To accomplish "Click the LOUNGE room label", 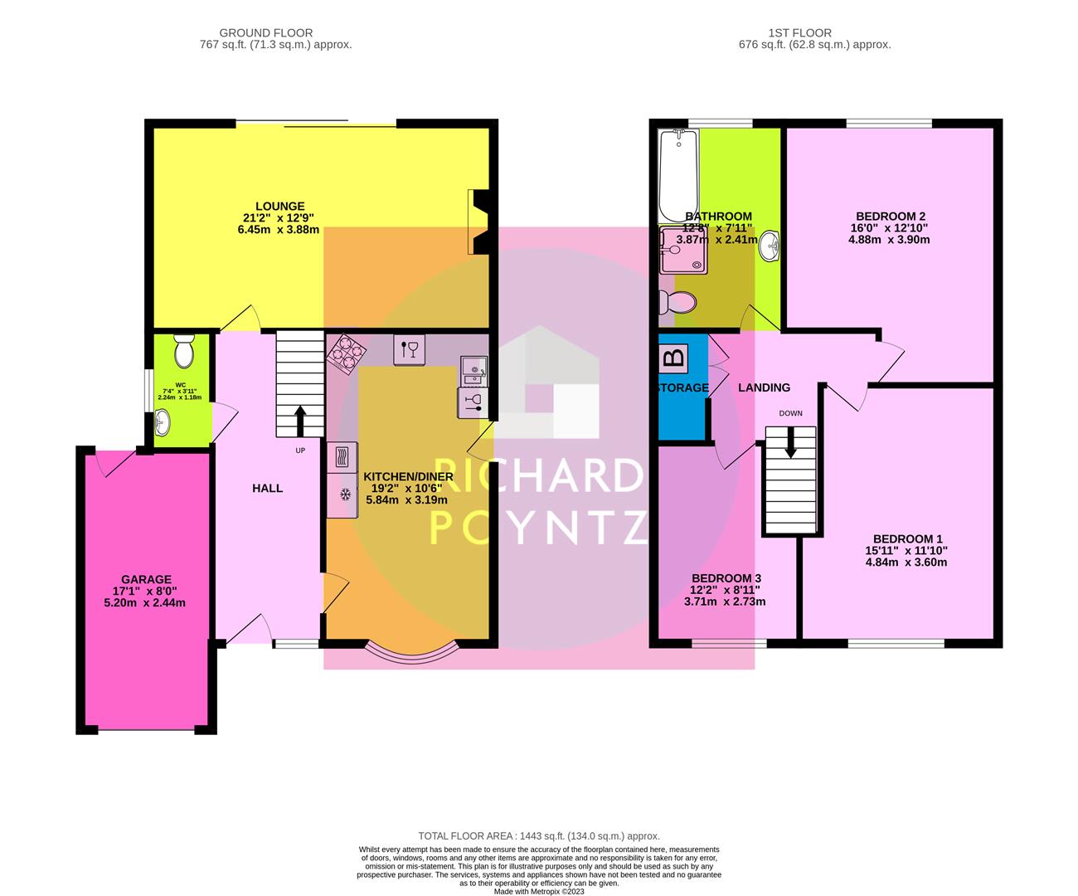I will [x=279, y=207].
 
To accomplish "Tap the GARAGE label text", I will [x=146, y=579].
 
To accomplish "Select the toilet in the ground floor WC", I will [x=184, y=352].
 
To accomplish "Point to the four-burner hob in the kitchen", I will [x=347, y=352].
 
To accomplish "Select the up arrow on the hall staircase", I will [x=299, y=420].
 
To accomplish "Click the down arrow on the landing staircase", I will [x=790, y=441].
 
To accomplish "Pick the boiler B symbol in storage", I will [x=674, y=358].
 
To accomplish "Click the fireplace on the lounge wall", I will [x=479, y=221].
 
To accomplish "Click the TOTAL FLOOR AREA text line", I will [x=539, y=836].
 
